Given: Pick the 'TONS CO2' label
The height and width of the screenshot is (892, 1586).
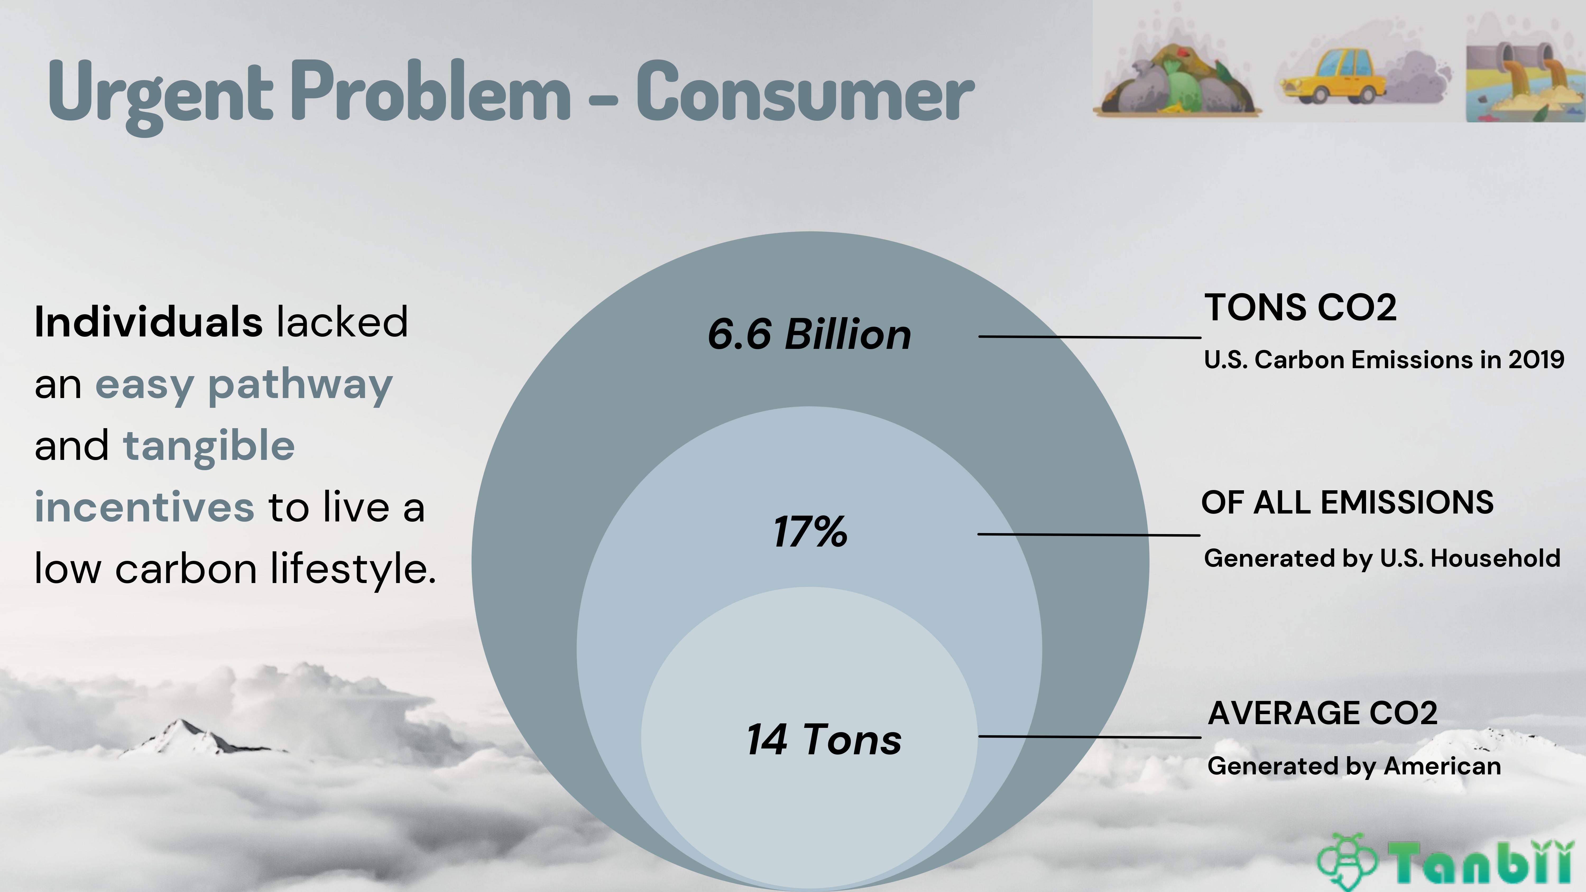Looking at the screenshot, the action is pyautogui.click(x=1300, y=307).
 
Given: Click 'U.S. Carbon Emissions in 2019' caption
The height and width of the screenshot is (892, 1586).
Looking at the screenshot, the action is pyautogui.click(x=1384, y=359).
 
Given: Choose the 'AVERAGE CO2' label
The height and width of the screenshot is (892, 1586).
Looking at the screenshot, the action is pyautogui.click(x=1322, y=713).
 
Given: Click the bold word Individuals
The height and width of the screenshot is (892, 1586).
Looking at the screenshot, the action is pyautogui.click(x=148, y=322).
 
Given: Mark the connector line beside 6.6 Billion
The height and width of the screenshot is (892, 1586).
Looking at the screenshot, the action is pyautogui.click(x=1090, y=337).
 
